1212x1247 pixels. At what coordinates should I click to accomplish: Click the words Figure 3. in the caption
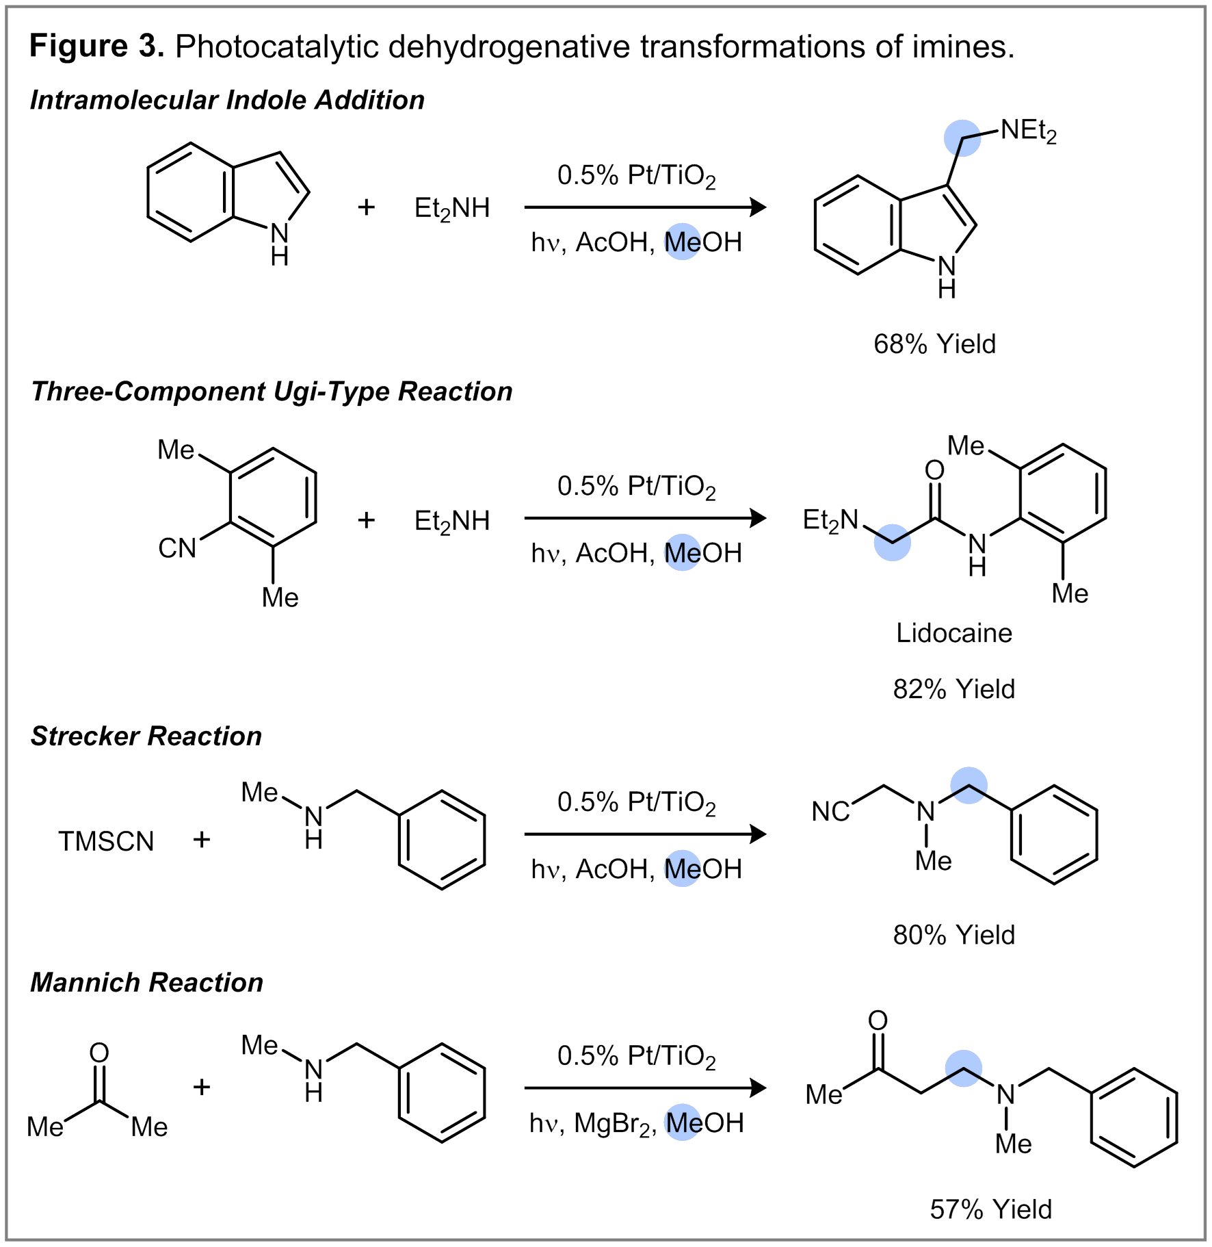point(96,47)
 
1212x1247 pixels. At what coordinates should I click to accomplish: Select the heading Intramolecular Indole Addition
point(227,101)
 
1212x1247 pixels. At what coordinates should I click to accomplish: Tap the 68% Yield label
point(934,344)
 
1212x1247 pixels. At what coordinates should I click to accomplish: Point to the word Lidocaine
point(953,633)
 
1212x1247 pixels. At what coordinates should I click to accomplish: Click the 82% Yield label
point(953,689)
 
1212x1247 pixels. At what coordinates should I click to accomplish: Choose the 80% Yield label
point(953,935)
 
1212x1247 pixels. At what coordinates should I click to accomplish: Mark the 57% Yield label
point(990,1209)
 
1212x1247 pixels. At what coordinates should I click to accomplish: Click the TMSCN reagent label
point(106,841)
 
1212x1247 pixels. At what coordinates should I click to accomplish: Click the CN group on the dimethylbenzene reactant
point(177,548)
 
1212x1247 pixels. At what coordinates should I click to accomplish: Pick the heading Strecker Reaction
point(146,736)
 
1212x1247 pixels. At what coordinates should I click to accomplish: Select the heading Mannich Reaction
point(147,983)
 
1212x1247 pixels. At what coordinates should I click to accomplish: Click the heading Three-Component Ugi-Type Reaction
point(272,392)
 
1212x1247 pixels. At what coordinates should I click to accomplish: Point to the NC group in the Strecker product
point(830,812)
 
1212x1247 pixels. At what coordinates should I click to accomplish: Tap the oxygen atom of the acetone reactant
point(99,1052)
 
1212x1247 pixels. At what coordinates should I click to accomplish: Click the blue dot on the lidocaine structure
point(892,543)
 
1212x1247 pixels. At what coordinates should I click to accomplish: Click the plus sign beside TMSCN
point(201,840)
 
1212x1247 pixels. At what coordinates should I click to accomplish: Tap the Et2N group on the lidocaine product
point(830,520)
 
